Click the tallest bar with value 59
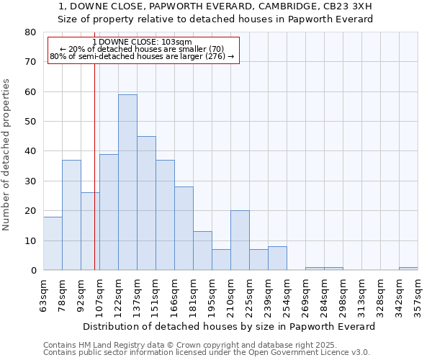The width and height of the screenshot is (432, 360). click(127, 182)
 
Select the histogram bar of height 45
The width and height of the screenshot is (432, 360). click(146, 203)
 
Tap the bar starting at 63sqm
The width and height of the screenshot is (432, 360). click(53, 243)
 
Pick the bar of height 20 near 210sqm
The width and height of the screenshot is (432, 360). click(240, 240)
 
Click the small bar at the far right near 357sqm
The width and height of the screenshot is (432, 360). click(408, 269)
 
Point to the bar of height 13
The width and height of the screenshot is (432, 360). click(202, 251)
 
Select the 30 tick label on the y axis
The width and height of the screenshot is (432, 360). click(30, 181)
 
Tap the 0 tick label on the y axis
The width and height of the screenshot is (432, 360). click(33, 271)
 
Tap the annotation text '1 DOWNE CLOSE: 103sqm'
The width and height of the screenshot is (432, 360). click(143, 42)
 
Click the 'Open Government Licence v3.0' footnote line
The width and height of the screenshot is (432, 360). click(207, 352)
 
